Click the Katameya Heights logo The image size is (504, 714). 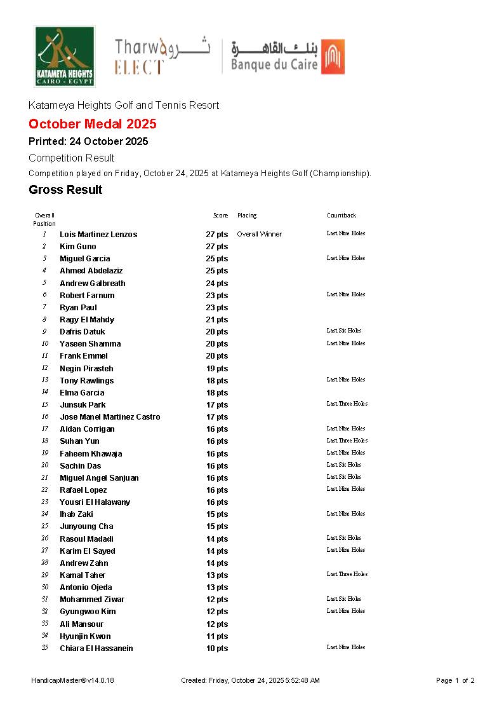coord(64,56)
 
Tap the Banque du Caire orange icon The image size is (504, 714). coord(333,57)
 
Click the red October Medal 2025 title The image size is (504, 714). coord(93,124)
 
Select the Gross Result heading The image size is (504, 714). coord(65,190)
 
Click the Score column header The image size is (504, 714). coord(220,216)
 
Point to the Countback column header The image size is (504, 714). coord(342,216)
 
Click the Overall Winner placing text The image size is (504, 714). coord(259,234)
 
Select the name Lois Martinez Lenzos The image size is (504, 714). coord(98,235)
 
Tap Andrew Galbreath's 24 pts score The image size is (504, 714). coord(216,284)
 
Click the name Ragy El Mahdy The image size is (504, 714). coord(87,320)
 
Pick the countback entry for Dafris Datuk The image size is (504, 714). coord(344,331)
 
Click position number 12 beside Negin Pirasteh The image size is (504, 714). coord(45,368)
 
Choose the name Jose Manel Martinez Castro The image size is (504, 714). coord(110,417)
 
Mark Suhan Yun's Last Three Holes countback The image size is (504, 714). coord(347,441)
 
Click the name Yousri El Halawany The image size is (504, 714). coord(95,502)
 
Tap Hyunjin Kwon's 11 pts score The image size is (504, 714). coord(216,636)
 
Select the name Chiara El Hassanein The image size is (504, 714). coord(96,649)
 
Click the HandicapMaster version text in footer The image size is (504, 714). coord(72,680)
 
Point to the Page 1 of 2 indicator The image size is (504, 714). coord(455,680)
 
